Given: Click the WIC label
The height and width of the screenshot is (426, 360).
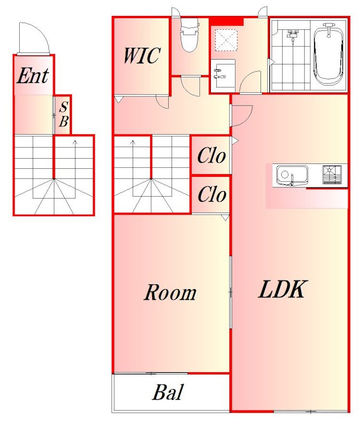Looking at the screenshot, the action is pyautogui.click(x=142, y=56).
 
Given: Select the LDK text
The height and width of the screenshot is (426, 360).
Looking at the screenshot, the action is pyautogui.click(x=283, y=289).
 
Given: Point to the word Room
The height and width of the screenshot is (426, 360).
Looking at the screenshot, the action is pyautogui.click(x=170, y=292).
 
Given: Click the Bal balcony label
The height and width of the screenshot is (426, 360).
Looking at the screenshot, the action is pyautogui.click(x=168, y=392).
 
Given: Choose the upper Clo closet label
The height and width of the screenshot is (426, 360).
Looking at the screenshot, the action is pyautogui.click(x=211, y=155).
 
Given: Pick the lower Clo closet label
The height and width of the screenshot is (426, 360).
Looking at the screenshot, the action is pyautogui.click(x=212, y=194).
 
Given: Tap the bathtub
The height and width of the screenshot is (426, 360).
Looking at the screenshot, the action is pyautogui.click(x=329, y=55).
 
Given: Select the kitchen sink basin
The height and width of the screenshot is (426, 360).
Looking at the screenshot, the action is pyautogui.click(x=292, y=175).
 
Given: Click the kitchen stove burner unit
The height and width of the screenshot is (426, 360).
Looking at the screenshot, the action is pyautogui.click(x=332, y=175).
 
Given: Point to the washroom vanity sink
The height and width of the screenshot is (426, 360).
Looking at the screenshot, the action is pyautogui.click(x=223, y=76).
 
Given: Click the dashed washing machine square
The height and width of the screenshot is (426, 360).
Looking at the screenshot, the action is pyautogui.click(x=226, y=40).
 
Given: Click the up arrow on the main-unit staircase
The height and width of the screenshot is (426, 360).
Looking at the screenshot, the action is pyautogui.click(x=133, y=158).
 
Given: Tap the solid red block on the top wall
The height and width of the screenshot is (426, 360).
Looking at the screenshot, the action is pyautogui.click(x=226, y=21).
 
